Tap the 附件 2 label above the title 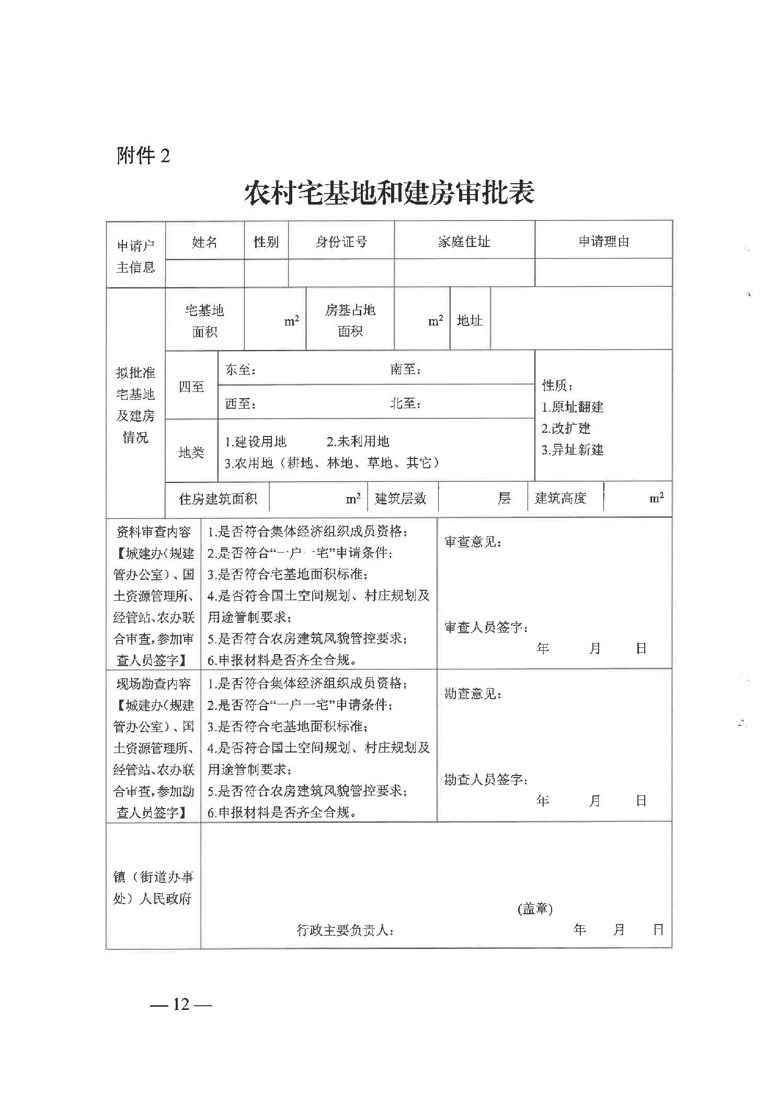click(x=143, y=155)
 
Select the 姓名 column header click(x=204, y=242)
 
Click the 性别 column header click(x=266, y=242)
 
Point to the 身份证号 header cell click(x=341, y=242)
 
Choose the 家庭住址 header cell click(x=464, y=242)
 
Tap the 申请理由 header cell click(x=603, y=241)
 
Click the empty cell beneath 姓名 click(x=204, y=273)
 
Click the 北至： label click(x=406, y=403)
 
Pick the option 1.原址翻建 click(x=573, y=407)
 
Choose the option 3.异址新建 click(x=573, y=450)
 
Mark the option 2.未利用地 click(x=358, y=442)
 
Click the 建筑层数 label click(x=401, y=498)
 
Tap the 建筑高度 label click(x=560, y=498)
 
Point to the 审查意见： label click(x=473, y=542)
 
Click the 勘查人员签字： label click(x=486, y=780)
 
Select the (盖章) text click(x=535, y=909)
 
